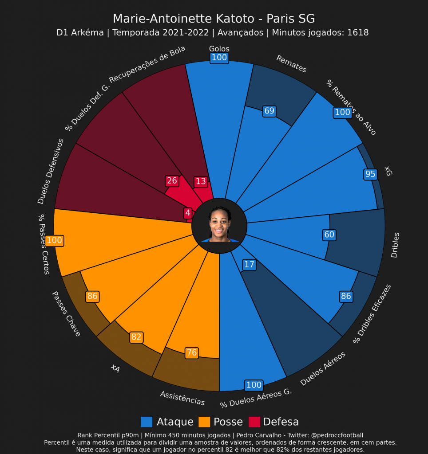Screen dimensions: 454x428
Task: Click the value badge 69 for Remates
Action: (269, 111)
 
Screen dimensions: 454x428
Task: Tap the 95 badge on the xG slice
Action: (370, 174)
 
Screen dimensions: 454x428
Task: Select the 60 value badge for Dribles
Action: (329, 235)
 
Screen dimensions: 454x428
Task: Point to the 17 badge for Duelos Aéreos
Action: (250, 265)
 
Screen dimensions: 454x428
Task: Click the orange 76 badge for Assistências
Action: (192, 353)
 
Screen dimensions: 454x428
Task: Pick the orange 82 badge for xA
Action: (136, 337)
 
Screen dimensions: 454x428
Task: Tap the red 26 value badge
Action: (172, 181)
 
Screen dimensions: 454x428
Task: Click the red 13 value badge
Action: (201, 181)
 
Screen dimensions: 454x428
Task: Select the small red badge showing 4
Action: (188, 213)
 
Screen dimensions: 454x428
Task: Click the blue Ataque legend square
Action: (147, 422)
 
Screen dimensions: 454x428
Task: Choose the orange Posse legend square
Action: (204, 422)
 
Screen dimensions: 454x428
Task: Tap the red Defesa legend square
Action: (254, 422)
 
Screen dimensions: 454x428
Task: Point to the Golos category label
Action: (219, 49)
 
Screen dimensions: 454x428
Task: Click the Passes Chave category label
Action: (66, 313)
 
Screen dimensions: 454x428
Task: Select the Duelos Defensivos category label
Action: (50, 172)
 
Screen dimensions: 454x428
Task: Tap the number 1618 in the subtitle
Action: (358, 32)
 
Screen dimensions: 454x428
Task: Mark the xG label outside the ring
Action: (388, 171)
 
